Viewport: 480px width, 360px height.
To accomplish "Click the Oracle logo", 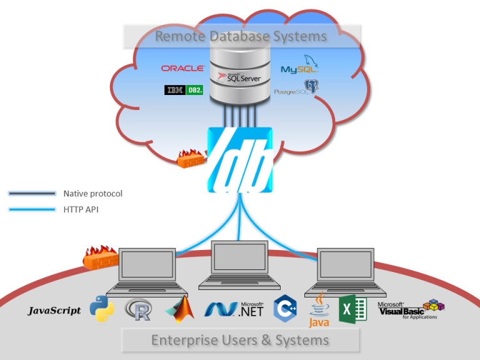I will pos(182,68).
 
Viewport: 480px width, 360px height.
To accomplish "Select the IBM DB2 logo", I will pos(184,90).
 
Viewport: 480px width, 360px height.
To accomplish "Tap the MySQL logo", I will pos(300,67).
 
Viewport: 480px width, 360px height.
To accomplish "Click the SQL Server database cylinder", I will pos(239,78).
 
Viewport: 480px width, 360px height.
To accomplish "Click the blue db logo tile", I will pos(239,160).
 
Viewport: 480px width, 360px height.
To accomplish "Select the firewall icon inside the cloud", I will pos(191,159).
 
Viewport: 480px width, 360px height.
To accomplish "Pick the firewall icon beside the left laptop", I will pos(101,257).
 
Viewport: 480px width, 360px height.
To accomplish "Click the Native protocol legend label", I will pos(92,194).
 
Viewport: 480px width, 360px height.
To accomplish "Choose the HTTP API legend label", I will pos(81,210).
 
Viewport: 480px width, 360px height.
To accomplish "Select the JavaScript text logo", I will pos(54,311).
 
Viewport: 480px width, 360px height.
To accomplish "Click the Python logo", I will pos(101,309).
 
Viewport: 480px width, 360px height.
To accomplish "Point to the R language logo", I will pos(138,309).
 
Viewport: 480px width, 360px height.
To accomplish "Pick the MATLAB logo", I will pos(180,309).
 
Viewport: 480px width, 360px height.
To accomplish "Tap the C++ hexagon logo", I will pos(285,309).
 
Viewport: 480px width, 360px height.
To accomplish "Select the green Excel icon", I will pos(352,309).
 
